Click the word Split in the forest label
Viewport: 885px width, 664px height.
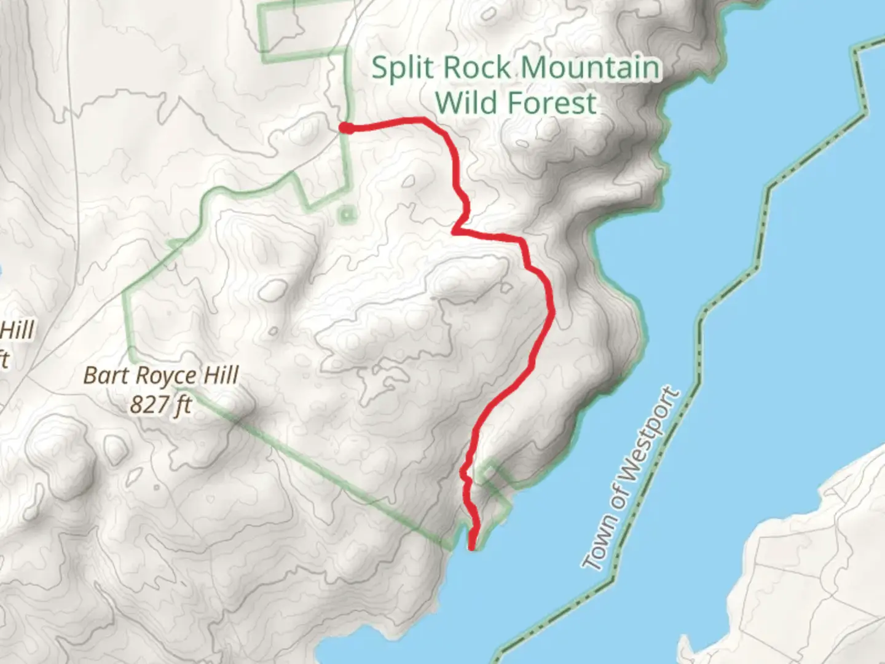[403, 68]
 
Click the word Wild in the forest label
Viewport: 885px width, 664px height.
[465, 102]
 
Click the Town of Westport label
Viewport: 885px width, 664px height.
[632, 478]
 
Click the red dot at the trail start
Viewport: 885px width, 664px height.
[346, 128]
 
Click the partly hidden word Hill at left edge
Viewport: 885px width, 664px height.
[17, 331]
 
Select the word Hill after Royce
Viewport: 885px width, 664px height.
[221, 375]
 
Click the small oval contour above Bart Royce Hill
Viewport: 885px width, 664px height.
[273, 290]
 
